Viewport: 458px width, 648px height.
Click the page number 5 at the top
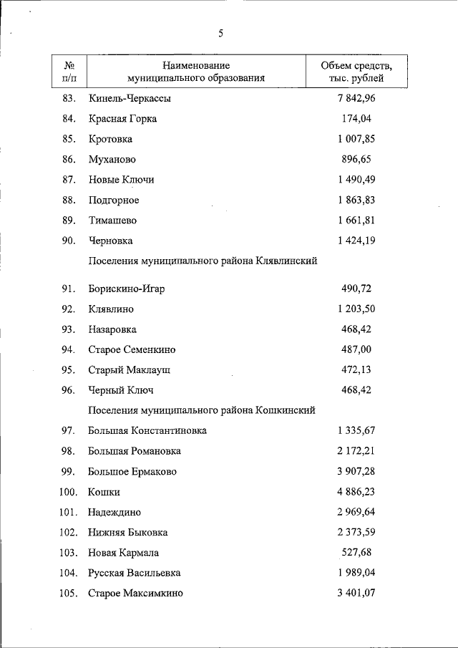pyautogui.click(x=222, y=34)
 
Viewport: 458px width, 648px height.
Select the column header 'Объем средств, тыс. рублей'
pyautogui.click(x=356, y=72)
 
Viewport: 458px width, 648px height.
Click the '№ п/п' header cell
pyautogui.click(x=69, y=72)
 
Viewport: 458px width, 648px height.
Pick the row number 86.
pyautogui.click(x=69, y=159)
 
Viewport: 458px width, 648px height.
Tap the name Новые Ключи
pyautogui.click(x=121, y=179)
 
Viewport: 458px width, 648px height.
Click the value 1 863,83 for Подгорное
pyautogui.click(x=356, y=200)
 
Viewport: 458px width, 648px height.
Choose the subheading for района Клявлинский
pyautogui.click(x=203, y=261)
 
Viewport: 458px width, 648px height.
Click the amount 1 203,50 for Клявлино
pyautogui.click(x=356, y=309)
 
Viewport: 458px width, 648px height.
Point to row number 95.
pyautogui.click(x=69, y=370)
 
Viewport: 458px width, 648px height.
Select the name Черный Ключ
pyautogui.click(x=121, y=390)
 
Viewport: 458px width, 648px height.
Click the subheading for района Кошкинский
pyautogui.click(x=202, y=410)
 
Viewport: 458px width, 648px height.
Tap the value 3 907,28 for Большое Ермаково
pyautogui.click(x=356, y=472)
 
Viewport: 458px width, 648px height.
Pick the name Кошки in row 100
pyautogui.click(x=104, y=492)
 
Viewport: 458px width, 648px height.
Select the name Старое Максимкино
pyautogui.click(x=135, y=594)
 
